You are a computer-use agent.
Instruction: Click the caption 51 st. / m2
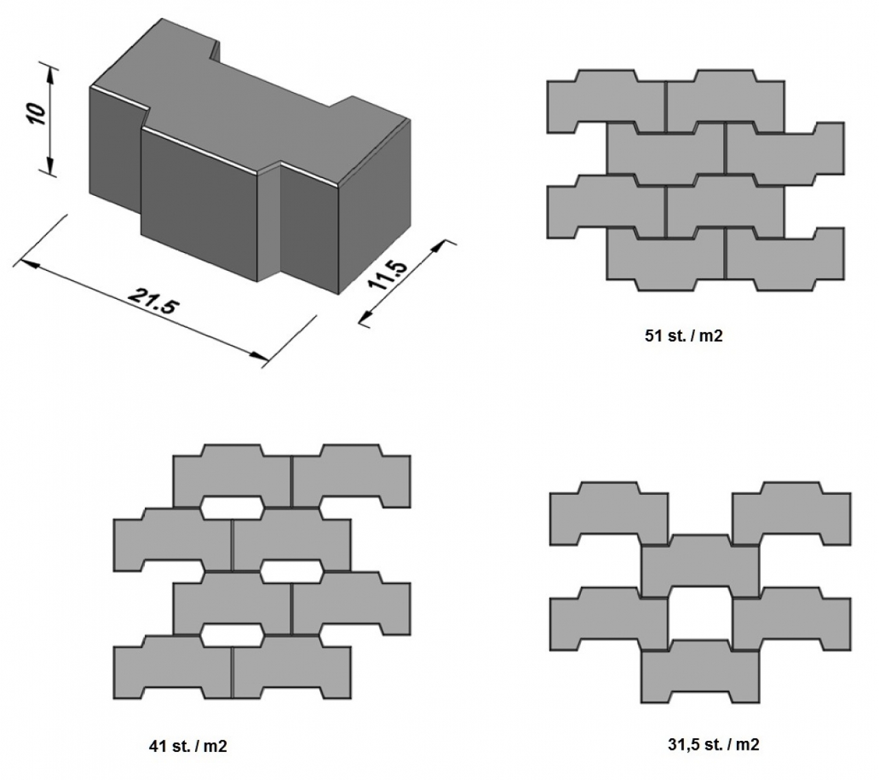[683, 337]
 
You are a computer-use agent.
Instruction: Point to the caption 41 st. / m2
[187, 746]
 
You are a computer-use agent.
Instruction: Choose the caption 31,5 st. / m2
[714, 744]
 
